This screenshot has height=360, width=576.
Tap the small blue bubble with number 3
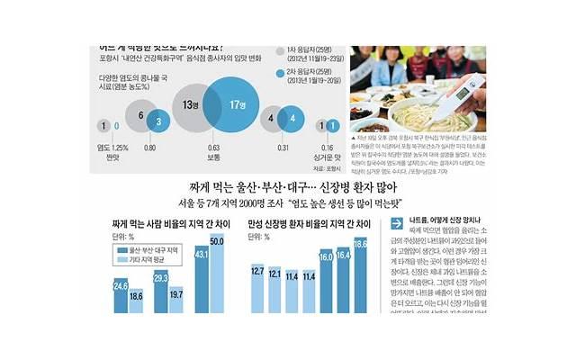coord(158,120)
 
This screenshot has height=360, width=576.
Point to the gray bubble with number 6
coord(142,115)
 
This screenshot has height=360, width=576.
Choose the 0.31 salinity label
coord(283,147)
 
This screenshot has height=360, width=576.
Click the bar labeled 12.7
coord(256,292)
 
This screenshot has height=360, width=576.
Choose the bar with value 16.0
coord(326,286)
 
